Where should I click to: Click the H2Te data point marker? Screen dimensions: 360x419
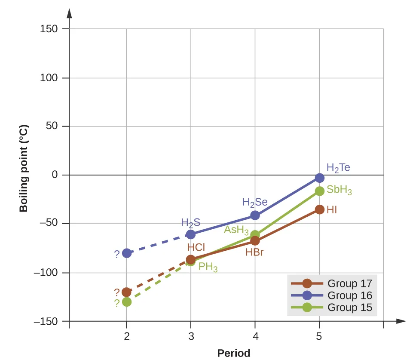click(x=320, y=178)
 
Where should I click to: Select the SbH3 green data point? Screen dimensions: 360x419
click(x=320, y=191)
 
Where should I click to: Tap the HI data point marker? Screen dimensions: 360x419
click(x=320, y=209)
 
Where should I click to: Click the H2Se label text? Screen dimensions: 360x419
click(x=255, y=202)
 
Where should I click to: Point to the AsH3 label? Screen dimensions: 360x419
click(x=236, y=229)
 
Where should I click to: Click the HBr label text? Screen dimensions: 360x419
click(x=254, y=252)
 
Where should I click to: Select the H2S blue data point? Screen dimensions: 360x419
click(x=191, y=234)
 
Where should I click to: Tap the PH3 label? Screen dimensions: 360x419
click(x=208, y=267)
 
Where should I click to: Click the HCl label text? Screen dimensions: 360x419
click(x=196, y=247)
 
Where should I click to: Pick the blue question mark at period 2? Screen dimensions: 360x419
click(x=117, y=254)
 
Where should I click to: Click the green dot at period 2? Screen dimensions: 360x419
click(x=126, y=302)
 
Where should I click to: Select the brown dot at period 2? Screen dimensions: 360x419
click(x=126, y=292)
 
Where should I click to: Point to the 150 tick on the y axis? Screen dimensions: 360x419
click(x=49, y=29)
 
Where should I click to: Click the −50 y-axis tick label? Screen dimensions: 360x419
click(x=47, y=224)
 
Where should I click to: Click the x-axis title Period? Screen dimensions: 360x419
click(x=233, y=353)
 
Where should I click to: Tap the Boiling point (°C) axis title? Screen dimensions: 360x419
click(x=24, y=168)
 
